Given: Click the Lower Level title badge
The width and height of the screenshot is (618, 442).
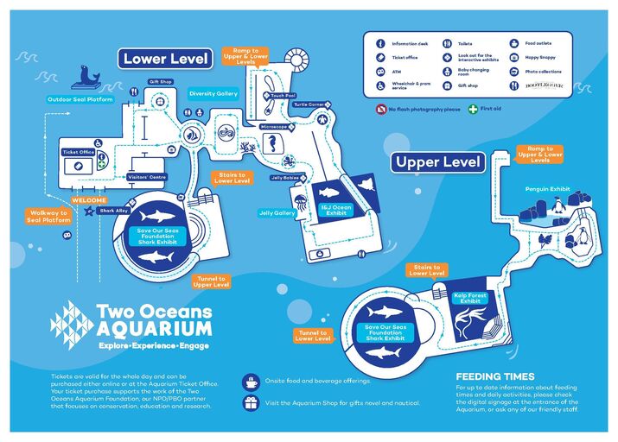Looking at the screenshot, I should tap(166, 59).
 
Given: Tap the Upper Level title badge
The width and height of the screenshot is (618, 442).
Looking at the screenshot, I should tap(438, 161).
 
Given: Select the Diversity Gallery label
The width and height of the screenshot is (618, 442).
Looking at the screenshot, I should tap(213, 93).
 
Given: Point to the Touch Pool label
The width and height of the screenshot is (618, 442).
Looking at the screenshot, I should tap(282, 96).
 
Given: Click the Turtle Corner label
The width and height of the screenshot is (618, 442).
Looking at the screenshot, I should tap(309, 104).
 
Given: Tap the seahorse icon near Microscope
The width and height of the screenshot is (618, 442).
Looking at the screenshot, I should tap(276, 145).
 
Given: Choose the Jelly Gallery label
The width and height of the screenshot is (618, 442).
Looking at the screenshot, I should tap(277, 212).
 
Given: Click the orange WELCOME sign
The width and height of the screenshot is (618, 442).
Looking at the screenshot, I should tap(89, 200).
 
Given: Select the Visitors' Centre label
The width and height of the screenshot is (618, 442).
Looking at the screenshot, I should tap(146, 177).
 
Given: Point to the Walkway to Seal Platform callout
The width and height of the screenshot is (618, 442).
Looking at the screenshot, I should tap(47, 216).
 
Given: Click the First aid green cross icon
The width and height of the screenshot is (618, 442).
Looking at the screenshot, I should tap(473, 110).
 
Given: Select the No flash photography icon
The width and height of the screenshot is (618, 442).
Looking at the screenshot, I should tap(380, 110).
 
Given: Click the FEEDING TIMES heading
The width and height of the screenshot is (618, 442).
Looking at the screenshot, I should tap(495, 376).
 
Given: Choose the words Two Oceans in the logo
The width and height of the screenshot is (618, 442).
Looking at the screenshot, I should tap(153, 312).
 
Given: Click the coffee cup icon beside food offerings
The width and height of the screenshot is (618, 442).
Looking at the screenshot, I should tap(251, 381).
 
